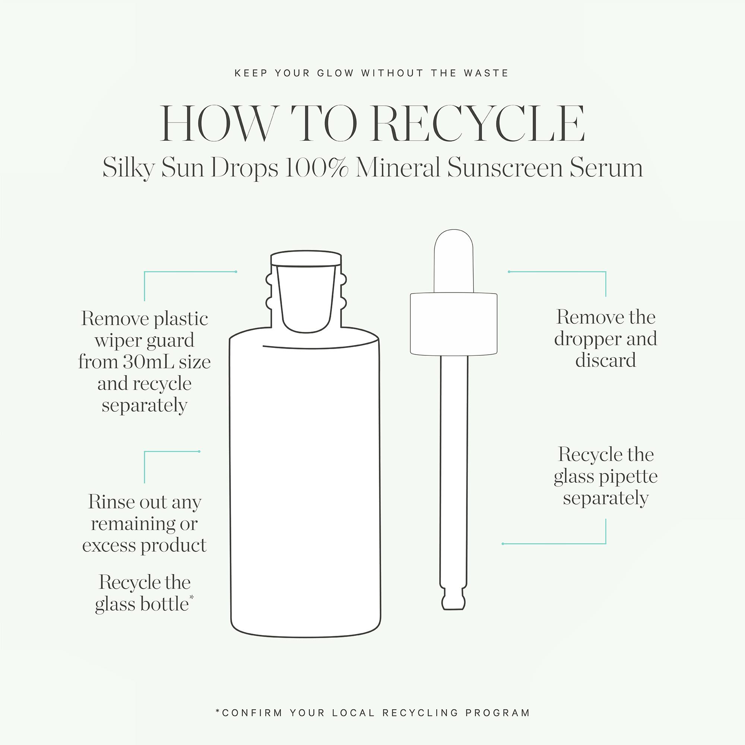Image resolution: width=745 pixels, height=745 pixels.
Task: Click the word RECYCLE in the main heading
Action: click(479, 123)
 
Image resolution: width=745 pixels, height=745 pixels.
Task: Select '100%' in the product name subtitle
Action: click(316, 168)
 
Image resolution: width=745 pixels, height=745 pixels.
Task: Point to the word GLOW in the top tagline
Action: click(336, 73)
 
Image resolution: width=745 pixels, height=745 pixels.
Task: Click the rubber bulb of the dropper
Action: click(453, 261)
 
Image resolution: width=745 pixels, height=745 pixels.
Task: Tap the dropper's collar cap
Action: click(453, 324)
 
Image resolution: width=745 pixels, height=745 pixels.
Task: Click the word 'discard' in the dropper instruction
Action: click(605, 360)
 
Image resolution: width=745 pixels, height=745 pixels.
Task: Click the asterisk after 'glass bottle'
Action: click(191, 598)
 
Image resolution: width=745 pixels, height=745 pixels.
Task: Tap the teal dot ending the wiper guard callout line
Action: click(236, 272)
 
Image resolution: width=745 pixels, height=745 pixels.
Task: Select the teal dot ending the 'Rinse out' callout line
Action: click(199, 451)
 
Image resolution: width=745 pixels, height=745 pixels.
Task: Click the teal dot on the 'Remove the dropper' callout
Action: click(509, 272)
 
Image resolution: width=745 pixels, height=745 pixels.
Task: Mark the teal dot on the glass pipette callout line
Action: click(503, 544)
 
